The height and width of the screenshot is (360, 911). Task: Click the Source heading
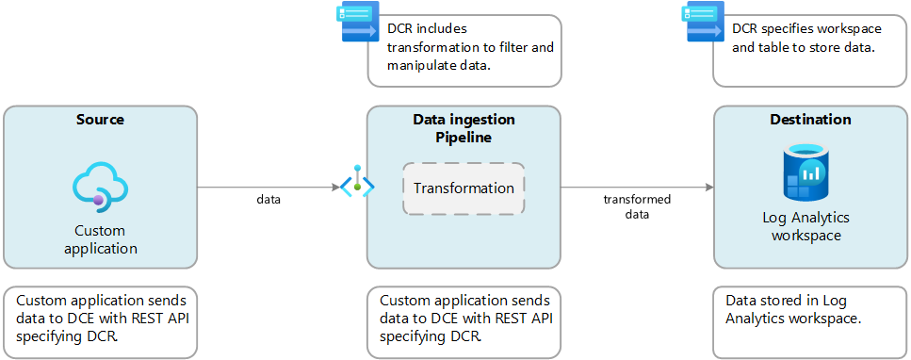(x=100, y=120)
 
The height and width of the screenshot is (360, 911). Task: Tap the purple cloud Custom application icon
(x=100, y=185)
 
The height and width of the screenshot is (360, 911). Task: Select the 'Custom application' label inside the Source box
(x=100, y=239)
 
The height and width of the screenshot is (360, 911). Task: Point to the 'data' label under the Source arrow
(x=268, y=200)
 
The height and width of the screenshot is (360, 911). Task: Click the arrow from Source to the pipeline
(x=268, y=188)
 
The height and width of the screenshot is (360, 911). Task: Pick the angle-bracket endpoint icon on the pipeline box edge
(x=357, y=187)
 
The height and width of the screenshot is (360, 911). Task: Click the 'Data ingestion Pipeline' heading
(x=463, y=129)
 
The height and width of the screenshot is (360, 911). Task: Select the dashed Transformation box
(x=463, y=188)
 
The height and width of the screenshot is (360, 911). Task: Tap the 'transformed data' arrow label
(x=637, y=206)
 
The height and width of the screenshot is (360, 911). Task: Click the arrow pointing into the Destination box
(x=637, y=188)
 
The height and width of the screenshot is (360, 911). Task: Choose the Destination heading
(x=810, y=120)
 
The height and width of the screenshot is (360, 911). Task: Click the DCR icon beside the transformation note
(x=356, y=24)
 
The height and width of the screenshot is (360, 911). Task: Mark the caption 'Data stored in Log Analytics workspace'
(x=793, y=309)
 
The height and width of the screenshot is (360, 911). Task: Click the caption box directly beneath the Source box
(x=100, y=321)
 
